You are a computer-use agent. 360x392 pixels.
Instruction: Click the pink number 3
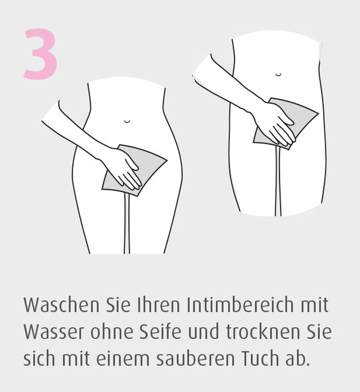[40, 54]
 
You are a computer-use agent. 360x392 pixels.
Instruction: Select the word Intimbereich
[240, 305]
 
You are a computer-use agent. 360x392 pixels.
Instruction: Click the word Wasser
[53, 332]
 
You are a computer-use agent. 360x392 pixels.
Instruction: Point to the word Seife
[160, 332]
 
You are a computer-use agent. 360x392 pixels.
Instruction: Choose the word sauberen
[196, 358]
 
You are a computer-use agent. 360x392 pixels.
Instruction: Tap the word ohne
[111, 332]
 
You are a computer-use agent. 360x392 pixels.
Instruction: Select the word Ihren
[158, 305]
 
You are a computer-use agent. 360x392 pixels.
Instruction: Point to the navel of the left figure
[127, 122]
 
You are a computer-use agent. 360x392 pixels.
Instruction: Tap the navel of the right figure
[278, 74]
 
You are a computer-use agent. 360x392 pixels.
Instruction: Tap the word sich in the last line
[39, 358]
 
